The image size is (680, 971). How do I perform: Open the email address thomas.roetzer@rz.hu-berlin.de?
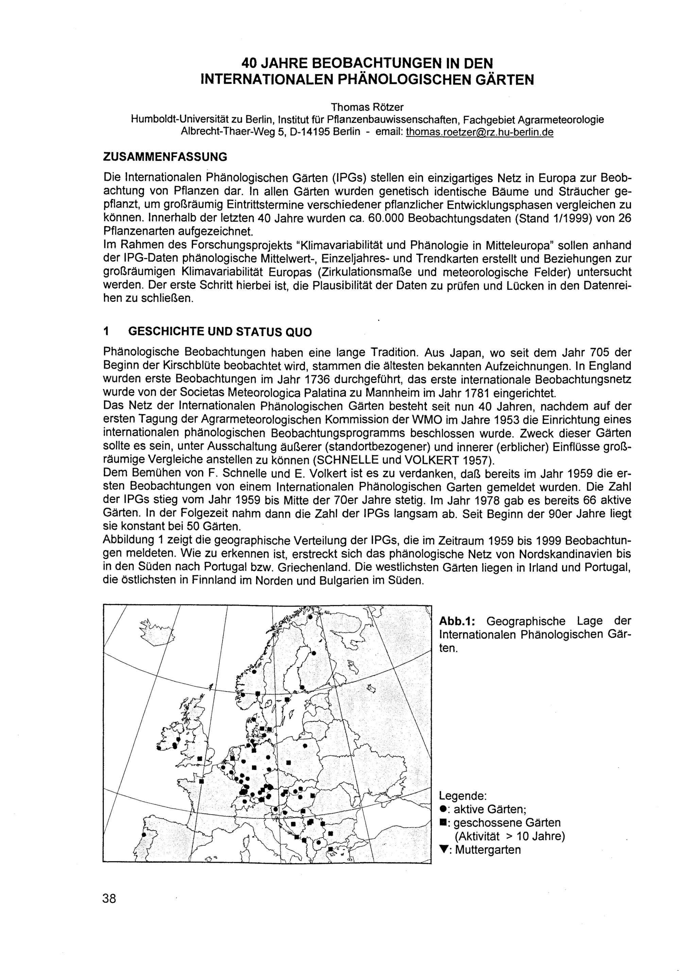click(479, 132)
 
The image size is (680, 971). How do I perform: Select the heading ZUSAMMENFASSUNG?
click(165, 157)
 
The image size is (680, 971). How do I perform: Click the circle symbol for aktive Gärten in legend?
click(443, 809)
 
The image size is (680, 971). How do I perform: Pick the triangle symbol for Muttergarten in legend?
click(443, 850)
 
